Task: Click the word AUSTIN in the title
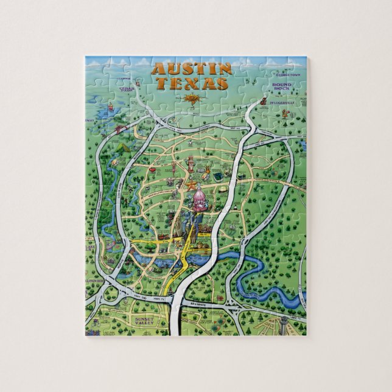(x=191, y=69)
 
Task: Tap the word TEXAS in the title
(x=191, y=83)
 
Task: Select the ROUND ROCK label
(x=282, y=87)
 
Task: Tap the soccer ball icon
(x=190, y=142)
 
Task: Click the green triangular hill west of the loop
(x=123, y=147)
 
